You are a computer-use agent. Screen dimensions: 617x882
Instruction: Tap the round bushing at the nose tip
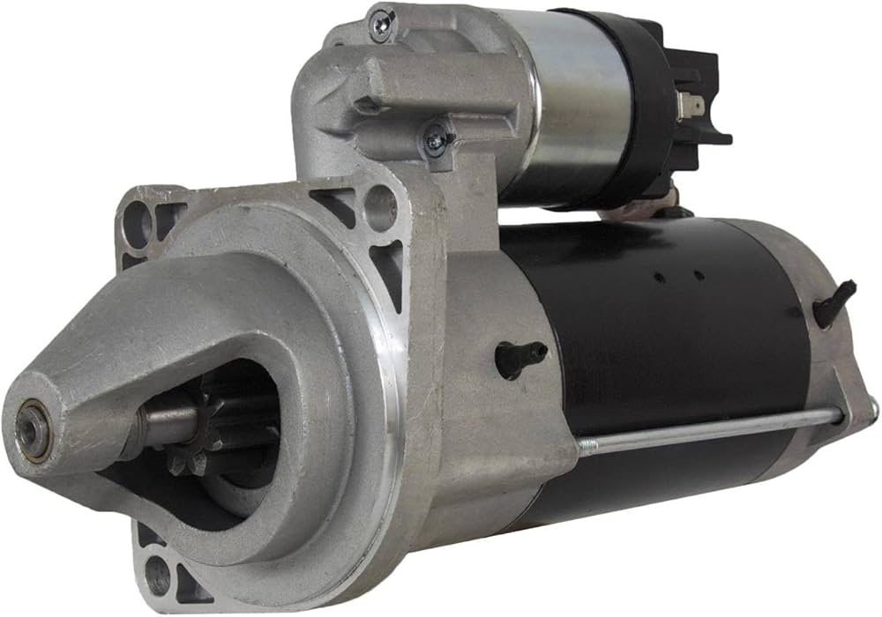click(33, 429)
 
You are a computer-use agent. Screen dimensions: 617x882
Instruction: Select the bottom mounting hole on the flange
click(158, 575)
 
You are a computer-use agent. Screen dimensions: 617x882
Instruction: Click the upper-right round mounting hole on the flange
click(381, 204)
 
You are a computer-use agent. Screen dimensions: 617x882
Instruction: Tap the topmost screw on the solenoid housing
click(382, 22)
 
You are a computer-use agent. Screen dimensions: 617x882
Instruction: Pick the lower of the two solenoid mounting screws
click(435, 139)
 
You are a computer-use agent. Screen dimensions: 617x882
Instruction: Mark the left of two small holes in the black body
click(658, 278)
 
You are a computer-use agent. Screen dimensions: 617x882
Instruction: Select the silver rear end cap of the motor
click(825, 353)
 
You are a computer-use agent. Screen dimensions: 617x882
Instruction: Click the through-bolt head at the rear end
click(871, 408)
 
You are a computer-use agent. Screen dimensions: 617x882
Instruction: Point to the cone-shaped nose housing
click(132, 370)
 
